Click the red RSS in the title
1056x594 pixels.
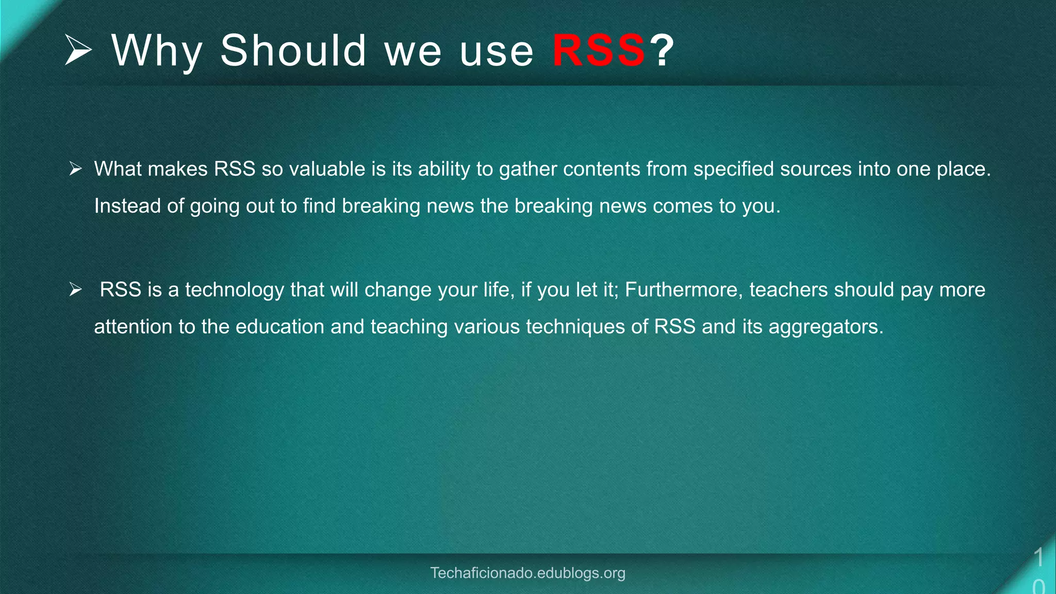(598, 51)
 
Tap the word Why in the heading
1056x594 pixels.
(157, 51)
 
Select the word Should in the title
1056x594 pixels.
(293, 51)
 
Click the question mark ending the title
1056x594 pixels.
(662, 51)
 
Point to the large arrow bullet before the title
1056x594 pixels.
(78, 50)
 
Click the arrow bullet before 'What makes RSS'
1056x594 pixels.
(76, 169)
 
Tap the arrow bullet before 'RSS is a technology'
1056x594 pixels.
(76, 289)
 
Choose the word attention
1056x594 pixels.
(133, 327)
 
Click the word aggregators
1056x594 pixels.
(826, 327)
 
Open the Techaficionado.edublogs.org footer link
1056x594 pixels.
(527, 573)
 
